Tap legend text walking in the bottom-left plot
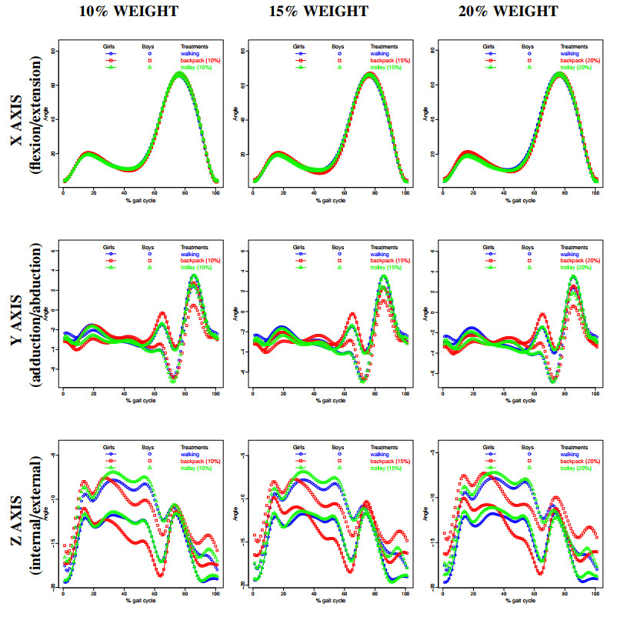(x=190, y=453)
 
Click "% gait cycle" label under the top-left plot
(x=139, y=201)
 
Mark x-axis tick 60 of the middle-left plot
(x=155, y=394)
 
